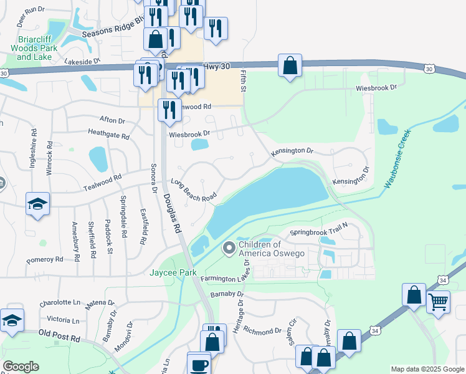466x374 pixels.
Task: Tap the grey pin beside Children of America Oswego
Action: [229, 249]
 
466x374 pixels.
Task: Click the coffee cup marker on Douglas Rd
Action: [199, 364]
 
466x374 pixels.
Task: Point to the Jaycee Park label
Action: [173, 273]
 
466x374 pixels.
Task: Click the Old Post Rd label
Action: [59, 337]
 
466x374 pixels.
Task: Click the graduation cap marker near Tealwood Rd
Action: [37, 204]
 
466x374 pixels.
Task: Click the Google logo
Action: [21, 367]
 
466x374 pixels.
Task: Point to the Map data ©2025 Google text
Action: [427, 369]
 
